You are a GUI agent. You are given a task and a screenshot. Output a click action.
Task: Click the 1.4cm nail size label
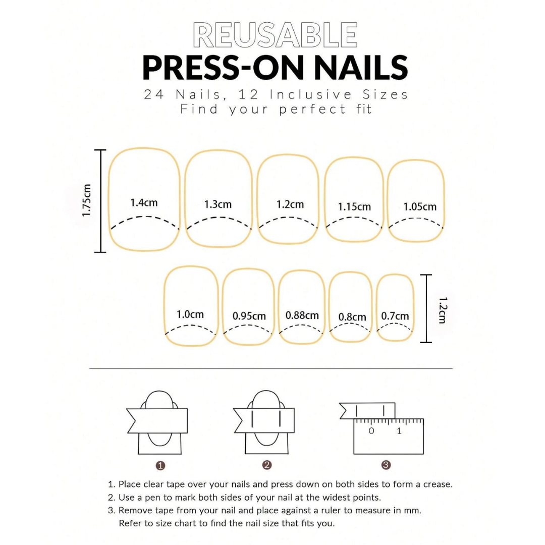144,203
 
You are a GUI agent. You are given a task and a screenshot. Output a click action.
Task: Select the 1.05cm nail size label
420,207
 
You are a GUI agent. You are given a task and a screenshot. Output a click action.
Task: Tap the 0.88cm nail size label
302,315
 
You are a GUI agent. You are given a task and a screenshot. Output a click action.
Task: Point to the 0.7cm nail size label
395,316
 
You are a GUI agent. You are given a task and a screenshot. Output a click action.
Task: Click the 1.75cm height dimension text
87,200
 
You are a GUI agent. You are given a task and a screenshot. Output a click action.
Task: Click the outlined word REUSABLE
276,36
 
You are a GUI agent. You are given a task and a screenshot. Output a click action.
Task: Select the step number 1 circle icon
160,465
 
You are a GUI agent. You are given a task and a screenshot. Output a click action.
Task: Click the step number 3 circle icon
386,465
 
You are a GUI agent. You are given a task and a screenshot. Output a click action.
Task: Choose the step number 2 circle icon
267,465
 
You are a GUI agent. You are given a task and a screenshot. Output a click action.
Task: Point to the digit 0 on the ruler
371,431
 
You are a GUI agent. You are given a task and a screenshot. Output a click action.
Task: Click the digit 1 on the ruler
399,431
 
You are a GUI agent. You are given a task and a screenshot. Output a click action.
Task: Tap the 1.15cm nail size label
354,207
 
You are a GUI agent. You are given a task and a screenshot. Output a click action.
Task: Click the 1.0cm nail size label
190,314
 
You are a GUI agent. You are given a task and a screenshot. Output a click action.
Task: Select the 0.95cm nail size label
249,316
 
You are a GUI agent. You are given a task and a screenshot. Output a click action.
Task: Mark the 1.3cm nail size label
218,204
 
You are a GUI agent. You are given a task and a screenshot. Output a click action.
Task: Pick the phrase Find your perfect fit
276,109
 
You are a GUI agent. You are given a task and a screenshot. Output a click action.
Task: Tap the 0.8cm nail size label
352,317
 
